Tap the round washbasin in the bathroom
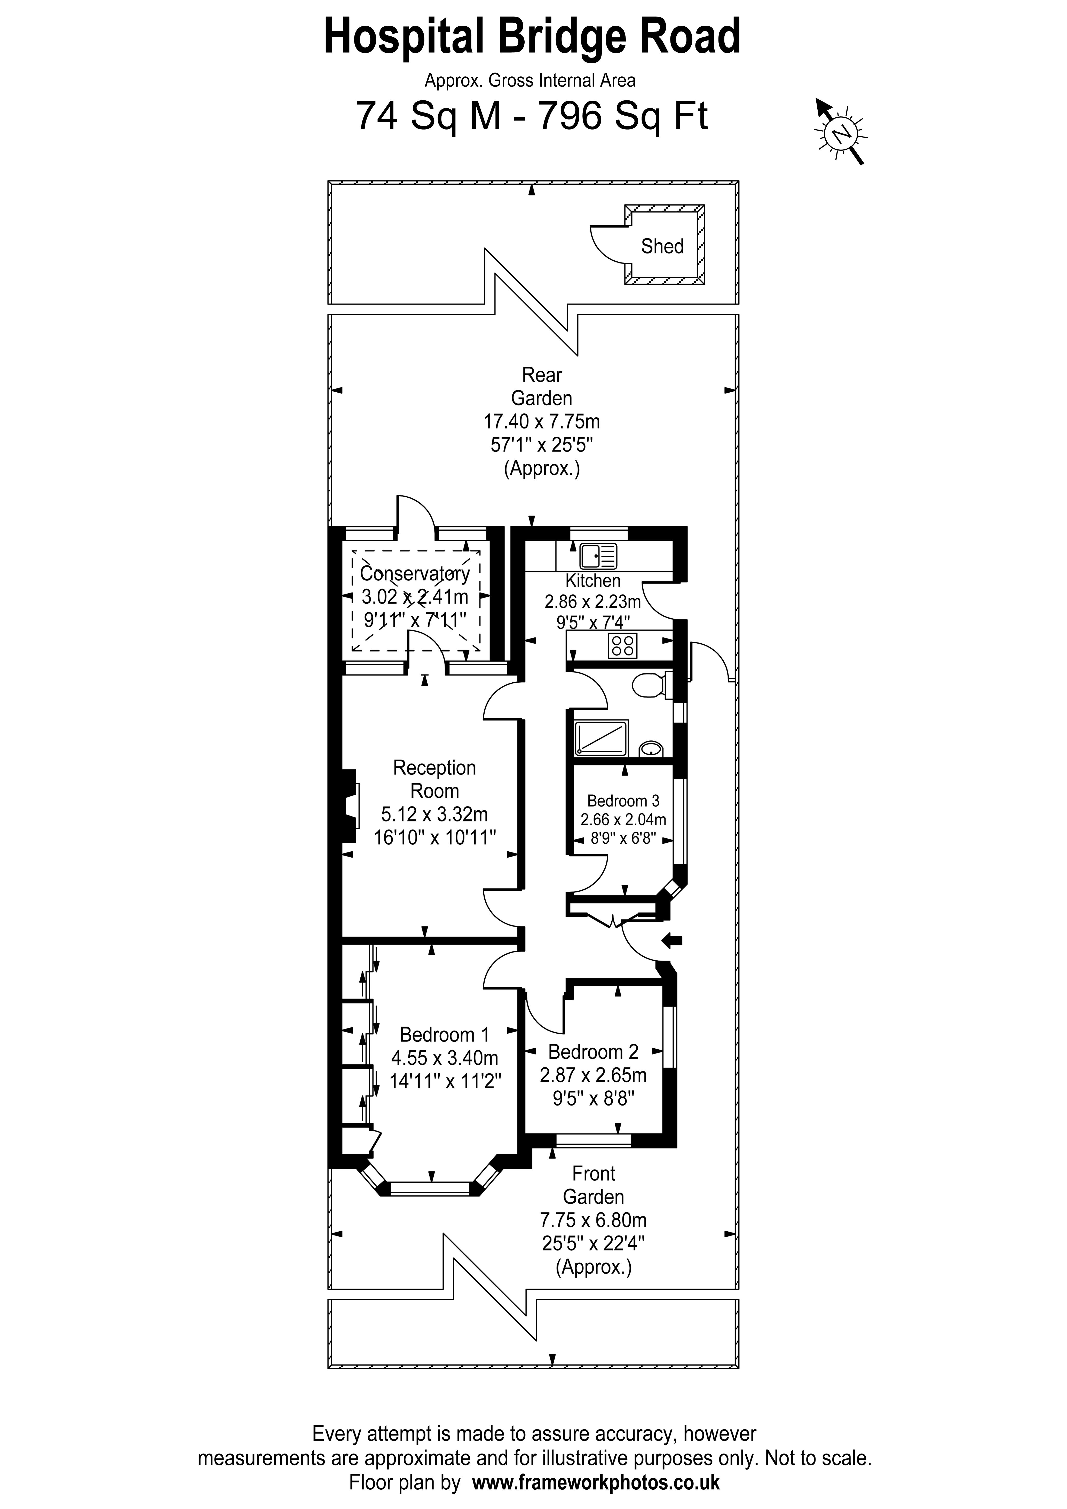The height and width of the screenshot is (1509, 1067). coord(651,748)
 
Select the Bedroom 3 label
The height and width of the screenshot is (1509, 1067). coord(623,801)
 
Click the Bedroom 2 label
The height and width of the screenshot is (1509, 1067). coord(593,1052)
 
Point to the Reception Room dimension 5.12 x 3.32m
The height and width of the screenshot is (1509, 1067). coord(434,814)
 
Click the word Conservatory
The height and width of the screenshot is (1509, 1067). coord(415,574)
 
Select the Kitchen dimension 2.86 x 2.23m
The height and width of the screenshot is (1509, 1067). coord(592,601)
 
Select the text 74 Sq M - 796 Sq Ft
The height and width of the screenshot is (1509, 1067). coord(532,116)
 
